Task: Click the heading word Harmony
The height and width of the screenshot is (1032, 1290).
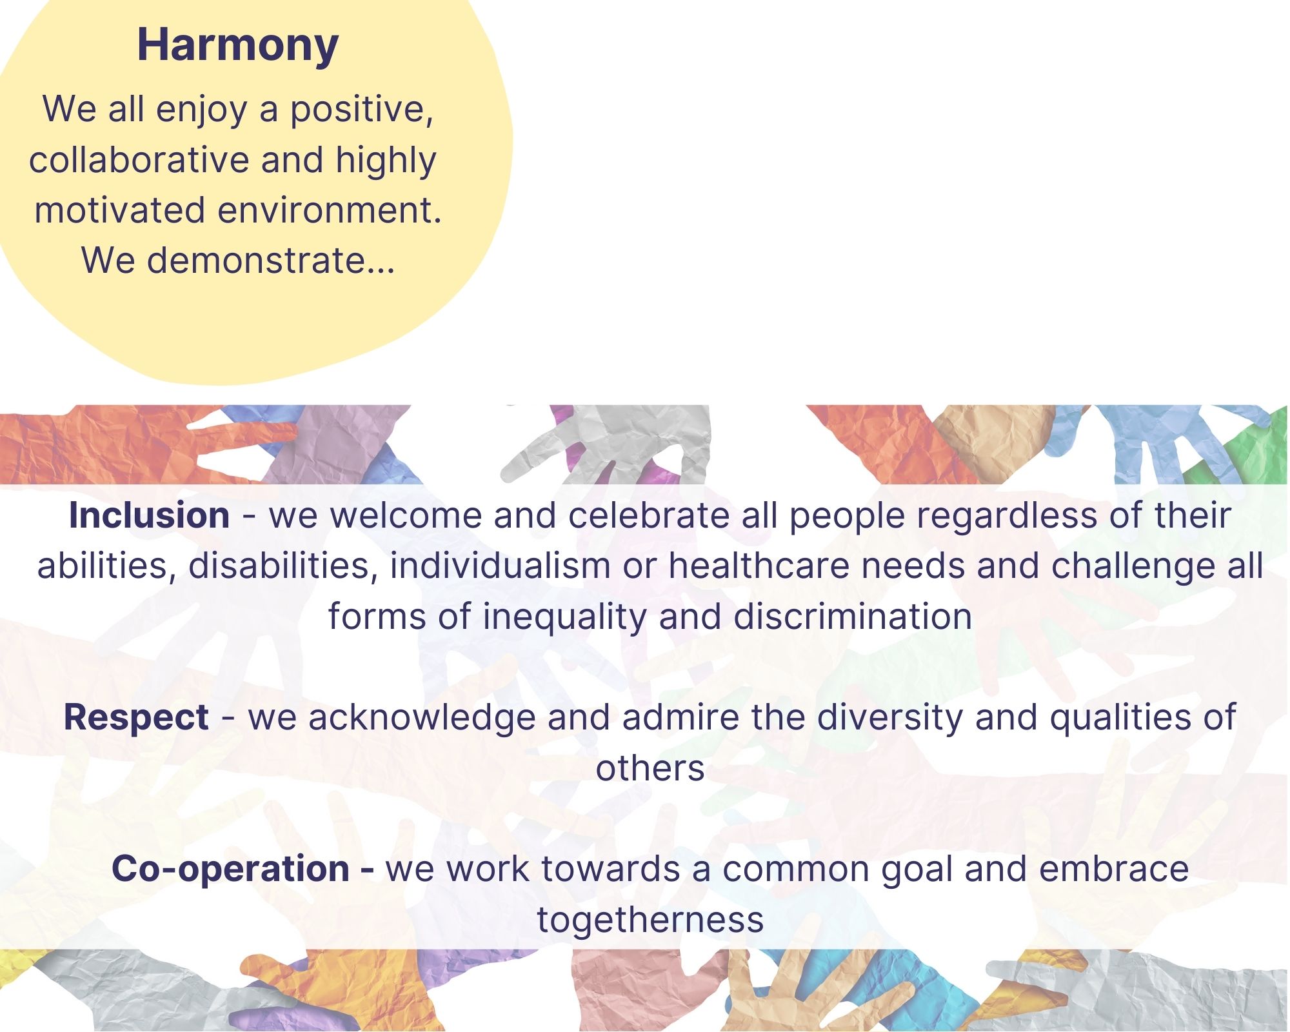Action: coord(237,46)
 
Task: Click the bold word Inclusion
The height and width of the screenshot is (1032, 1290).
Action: coord(149,515)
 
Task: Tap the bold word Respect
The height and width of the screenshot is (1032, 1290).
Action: coord(136,717)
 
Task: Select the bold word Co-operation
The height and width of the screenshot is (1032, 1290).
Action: coord(231,868)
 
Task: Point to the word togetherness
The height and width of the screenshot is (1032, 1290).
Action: coord(650,919)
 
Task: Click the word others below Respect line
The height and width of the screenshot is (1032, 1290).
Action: coord(650,768)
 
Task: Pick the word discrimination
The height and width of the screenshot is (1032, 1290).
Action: coord(853,616)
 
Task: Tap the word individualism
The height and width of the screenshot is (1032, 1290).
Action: coord(500,566)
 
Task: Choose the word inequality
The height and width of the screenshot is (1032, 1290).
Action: coord(564,617)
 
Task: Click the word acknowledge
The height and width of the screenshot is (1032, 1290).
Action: coord(422,718)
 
